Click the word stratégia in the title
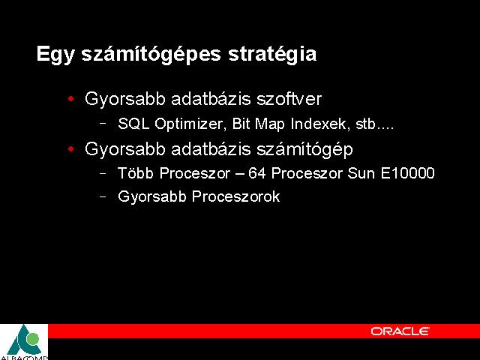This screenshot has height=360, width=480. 272,54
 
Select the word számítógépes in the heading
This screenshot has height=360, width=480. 151,55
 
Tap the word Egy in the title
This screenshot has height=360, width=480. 55,55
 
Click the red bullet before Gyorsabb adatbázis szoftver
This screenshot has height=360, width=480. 71,98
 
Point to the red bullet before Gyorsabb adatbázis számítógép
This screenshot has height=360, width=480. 71,148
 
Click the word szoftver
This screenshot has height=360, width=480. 289,98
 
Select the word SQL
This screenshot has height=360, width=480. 133,124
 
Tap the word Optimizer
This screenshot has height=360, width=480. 190,124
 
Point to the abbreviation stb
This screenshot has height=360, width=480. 365,124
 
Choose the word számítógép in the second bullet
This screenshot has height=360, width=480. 305,150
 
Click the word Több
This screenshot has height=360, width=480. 136,173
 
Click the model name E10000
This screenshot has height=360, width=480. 408,173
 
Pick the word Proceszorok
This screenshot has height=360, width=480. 235,196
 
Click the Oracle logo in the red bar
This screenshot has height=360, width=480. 400,331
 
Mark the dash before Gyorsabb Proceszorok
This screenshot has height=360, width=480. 103,196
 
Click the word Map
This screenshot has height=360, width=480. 270,124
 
